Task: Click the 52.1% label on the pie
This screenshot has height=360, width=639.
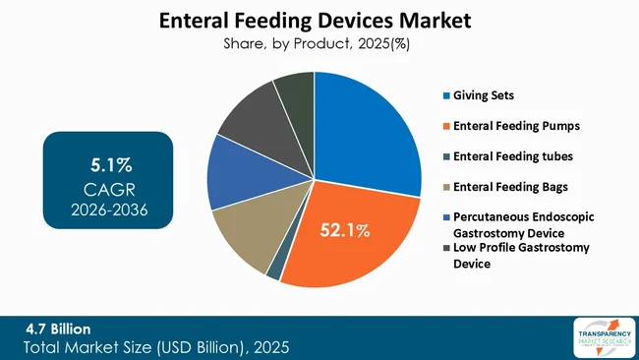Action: [343, 231]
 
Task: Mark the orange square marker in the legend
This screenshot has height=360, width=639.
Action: [445, 126]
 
